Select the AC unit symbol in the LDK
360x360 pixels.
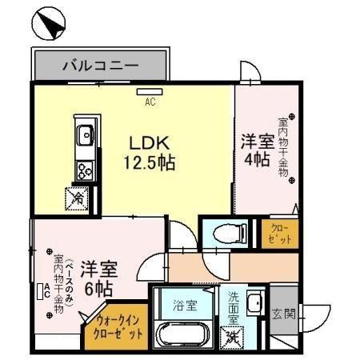[x=149, y=92]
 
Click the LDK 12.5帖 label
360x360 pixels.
[x=149, y=153]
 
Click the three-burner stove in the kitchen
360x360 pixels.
[x=84, y=169]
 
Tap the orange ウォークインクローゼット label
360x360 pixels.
[x=114, y=326]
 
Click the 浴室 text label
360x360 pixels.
[x=186, y=305]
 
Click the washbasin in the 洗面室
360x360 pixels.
[x=254, y=304]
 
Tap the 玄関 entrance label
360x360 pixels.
[x=282, y=313]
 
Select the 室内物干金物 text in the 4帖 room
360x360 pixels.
[x=283, y=148]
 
